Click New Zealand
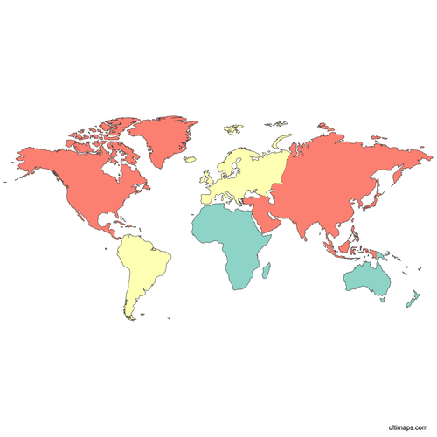(409, 299)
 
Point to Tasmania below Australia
(382, 301)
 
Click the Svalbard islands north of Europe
(232, 129)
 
